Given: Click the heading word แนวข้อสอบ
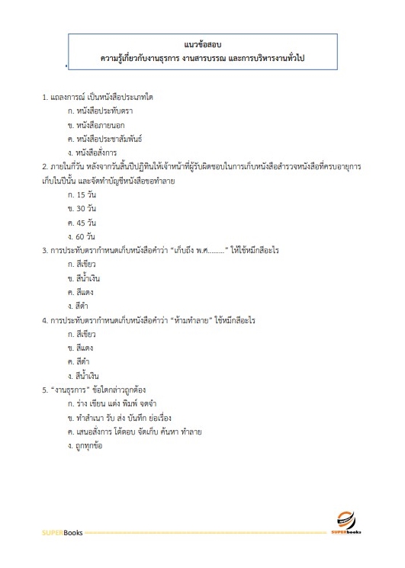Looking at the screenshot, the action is click(x=202, y=44).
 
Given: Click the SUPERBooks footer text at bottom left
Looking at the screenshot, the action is click(x=63, y=531).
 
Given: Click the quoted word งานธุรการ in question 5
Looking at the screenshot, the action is click(x=70, y=390).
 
